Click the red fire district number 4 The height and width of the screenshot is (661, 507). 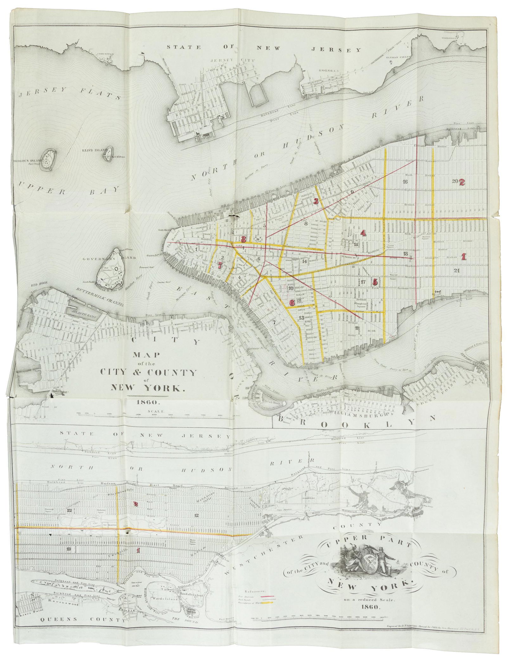[x=363, y=233]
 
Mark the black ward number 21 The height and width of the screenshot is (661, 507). [x=457, y=270]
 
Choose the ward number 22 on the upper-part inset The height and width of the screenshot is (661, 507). [x=70, y=510]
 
